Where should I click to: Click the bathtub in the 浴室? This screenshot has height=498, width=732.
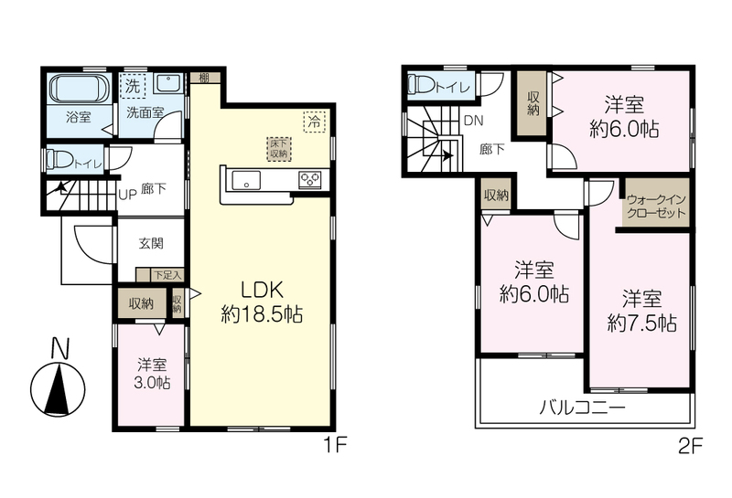point(80,89)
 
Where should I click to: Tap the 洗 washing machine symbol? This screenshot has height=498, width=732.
point(133,86)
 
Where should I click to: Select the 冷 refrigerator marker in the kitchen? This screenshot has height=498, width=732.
point(315,122)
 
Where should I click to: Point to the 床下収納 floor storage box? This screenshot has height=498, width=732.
point(279,149)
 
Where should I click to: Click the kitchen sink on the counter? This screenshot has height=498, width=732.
point(246,180)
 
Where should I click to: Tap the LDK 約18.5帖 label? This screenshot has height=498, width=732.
point(262,302)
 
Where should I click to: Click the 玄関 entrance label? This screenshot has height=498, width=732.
point(151,243)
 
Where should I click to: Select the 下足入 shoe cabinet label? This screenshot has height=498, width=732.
point(167,275)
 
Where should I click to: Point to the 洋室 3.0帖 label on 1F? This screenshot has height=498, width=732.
point(152,374)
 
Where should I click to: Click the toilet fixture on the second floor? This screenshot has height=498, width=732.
point(421,84)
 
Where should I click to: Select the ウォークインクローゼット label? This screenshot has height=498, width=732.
point(656,207)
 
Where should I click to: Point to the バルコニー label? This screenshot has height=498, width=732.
point(582,408)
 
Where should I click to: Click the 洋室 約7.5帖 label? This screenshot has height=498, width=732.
point(642,311)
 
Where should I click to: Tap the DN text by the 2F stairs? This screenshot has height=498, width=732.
point(473,121)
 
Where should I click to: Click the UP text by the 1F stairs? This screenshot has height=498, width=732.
point(127,195)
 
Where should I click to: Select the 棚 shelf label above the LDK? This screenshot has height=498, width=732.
point(203,78)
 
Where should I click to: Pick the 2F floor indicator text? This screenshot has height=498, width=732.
point(690,448)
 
